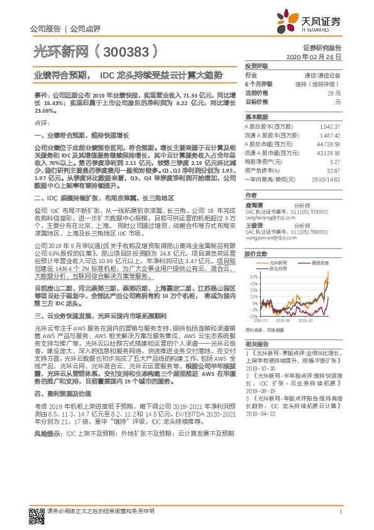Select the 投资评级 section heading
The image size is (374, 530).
(x=256, y=65)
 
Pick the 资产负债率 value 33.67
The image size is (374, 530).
(x=333, y=170)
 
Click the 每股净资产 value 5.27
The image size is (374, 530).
(x=334, y=161)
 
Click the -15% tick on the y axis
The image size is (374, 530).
(x=253, y=317)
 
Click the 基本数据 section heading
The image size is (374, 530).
(x=256, y=117)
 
